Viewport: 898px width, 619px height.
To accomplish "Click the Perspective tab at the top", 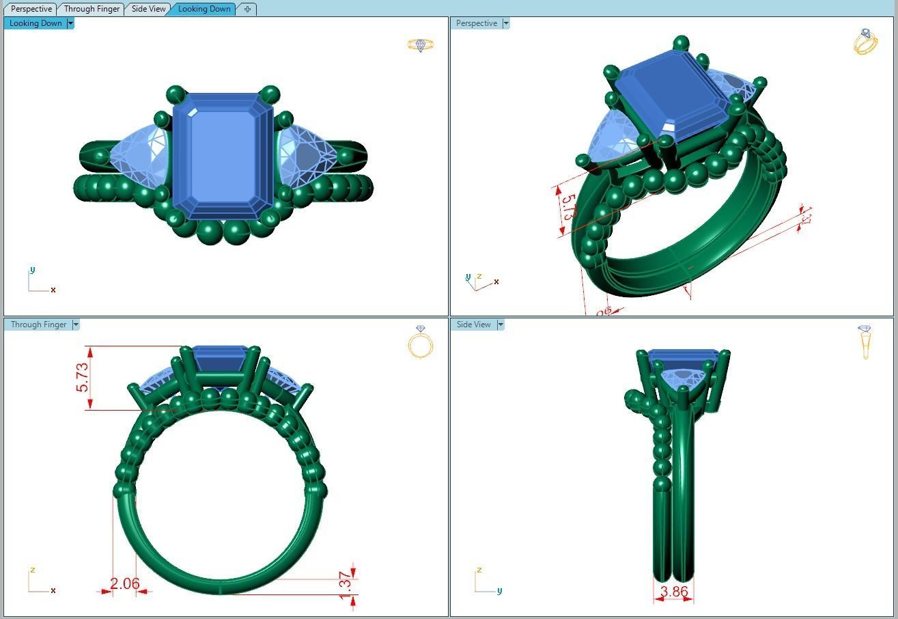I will [x=31, y=9].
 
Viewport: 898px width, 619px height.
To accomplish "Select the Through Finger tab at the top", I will [x=92, y=9].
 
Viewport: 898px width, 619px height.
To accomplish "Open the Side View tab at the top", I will [x=148, y=9].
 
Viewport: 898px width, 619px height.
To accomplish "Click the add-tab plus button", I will [x=247, y=9].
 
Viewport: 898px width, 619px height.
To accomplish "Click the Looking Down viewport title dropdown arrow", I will [x=70, y=23].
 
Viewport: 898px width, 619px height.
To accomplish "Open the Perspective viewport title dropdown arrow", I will [x=506, y=23].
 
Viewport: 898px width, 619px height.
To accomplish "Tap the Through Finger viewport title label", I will [x=38, y=325].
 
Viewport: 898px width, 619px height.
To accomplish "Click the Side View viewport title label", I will [x=473, y=325].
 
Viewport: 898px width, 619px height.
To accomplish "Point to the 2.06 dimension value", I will [x=124, y=583].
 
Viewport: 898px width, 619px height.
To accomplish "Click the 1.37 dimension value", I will [x=346, y=586].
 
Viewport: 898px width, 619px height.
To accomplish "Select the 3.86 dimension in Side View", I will [x=674, y=592].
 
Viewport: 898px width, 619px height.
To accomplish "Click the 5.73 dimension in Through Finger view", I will [x=82, y=377].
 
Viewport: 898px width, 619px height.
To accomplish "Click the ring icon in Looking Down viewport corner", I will [x=421, y=45].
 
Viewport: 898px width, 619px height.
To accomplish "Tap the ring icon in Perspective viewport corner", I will [x=865, y=42].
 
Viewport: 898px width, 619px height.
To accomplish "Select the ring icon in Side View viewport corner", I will [x=865, y=342].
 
